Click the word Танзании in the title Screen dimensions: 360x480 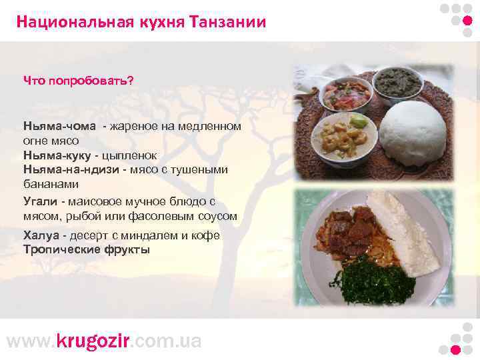point(227,23)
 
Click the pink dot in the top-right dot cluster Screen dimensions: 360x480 point(467,20)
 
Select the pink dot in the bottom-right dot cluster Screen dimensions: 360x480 point(455,349)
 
